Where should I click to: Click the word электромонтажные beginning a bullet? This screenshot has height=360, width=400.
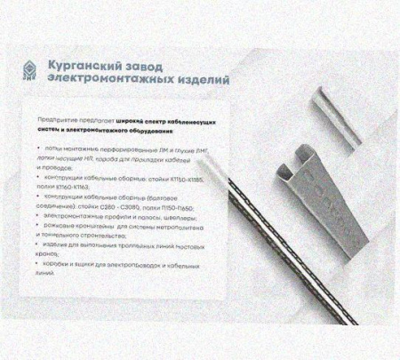[75, 216]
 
